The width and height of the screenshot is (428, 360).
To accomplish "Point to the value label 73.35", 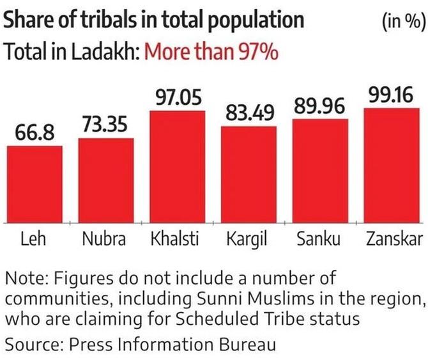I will pos(106,126).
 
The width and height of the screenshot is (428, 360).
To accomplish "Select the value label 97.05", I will pos(178,98).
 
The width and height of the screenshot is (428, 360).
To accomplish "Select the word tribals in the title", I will pos(83,21).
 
